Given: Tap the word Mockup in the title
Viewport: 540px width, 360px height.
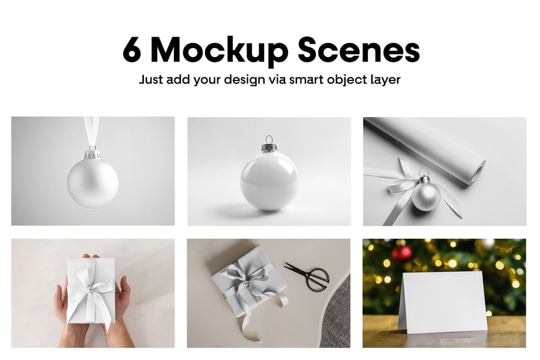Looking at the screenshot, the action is (x=220, y=52).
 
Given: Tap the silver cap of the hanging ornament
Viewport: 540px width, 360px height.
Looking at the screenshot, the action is (x=92, y=153).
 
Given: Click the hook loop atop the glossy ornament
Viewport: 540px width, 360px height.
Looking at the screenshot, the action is (x=269, y=140).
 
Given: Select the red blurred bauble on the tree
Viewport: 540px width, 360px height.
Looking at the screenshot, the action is (x=401, y=254).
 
